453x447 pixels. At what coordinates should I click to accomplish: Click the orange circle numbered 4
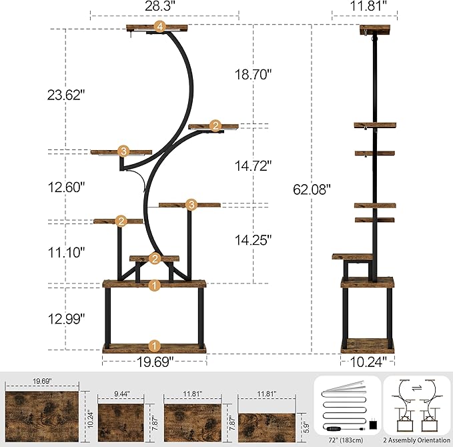click(159, 27)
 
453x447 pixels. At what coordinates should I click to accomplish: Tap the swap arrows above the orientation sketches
click(416, 388)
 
